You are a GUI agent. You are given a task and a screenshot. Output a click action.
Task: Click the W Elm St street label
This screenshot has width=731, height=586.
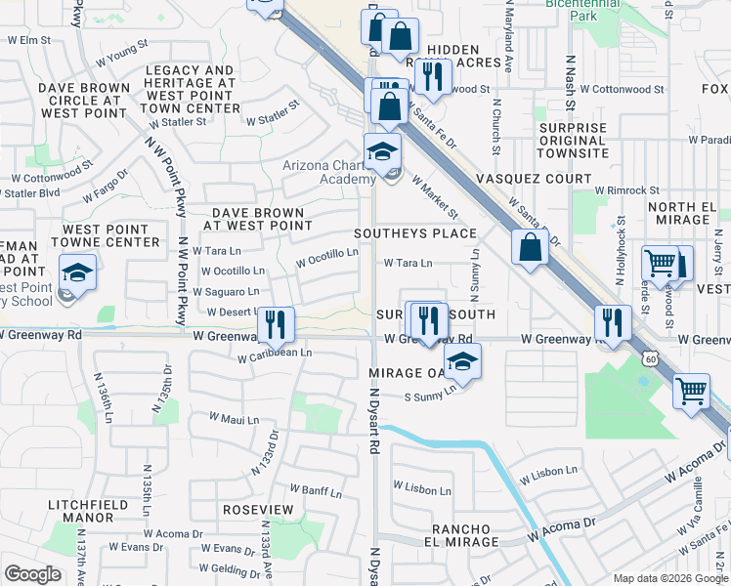tap(28, 40)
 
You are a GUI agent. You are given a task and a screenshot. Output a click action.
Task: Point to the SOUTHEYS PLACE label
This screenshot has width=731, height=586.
tap(414, 233)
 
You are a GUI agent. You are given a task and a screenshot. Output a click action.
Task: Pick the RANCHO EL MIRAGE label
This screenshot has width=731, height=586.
tap(461, 535)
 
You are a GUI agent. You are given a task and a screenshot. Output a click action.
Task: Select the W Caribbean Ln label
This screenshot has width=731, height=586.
tap(275, 356)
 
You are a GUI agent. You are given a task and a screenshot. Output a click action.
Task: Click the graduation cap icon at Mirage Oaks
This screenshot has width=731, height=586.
tap(462, 362)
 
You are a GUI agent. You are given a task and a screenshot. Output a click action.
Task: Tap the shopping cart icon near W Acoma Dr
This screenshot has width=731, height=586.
tap(691, 391)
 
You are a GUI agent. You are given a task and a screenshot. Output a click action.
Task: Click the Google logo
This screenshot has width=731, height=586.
tap(32, 574)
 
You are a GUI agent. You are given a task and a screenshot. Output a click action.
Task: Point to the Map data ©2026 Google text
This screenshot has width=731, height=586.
tap(669, 578)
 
